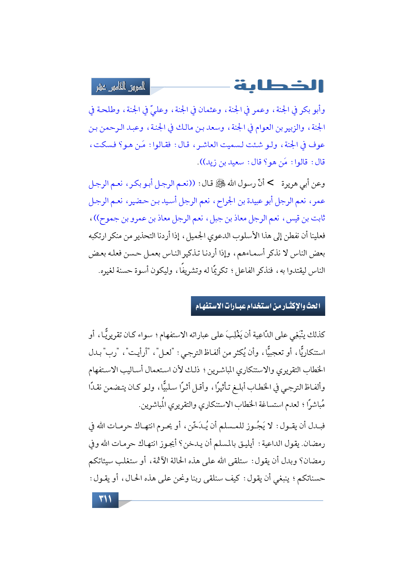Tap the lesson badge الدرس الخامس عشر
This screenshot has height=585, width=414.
pyautogui.click(x=121, y=87)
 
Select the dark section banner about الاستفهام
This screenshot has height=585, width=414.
pyautogui.click(x=258, y=306)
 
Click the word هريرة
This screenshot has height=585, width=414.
pyautogui.click(x=291, y=184)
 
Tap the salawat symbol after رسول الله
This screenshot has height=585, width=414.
pyautogui.click(x=221, y=183)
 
